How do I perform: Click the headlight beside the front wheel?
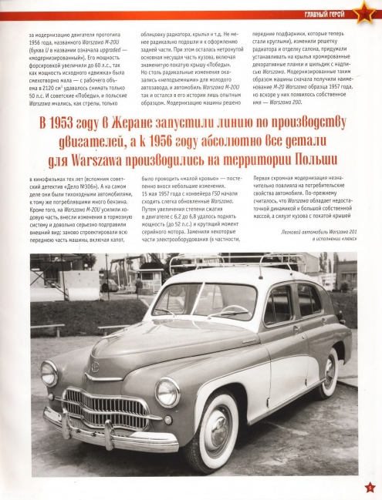(x=167, y=391)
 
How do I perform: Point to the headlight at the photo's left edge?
(x=49, y=373)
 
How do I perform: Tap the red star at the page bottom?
(x=370, y=485)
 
